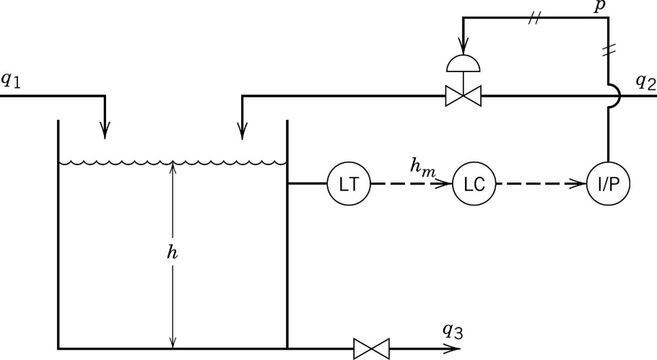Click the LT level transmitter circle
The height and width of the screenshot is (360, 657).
click(x=349, y=185)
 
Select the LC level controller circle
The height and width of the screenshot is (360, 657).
click(x=474, y=185)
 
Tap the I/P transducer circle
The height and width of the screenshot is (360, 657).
click(x=607, y=185)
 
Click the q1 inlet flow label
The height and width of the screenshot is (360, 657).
click(x=11, y=81)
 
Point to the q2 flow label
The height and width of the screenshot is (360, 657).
click(x=645, y=81)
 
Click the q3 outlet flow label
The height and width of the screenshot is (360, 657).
click(x=453, y=331)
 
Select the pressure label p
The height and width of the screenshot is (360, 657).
click(x=599, y=6)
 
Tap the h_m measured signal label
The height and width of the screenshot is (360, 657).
click(x=422, y=167)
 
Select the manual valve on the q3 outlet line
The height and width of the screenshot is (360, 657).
click(x=372, y=348)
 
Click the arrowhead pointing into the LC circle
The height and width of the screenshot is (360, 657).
click(x=445, y=185)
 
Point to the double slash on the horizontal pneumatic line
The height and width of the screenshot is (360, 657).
click(x=535, y=19)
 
